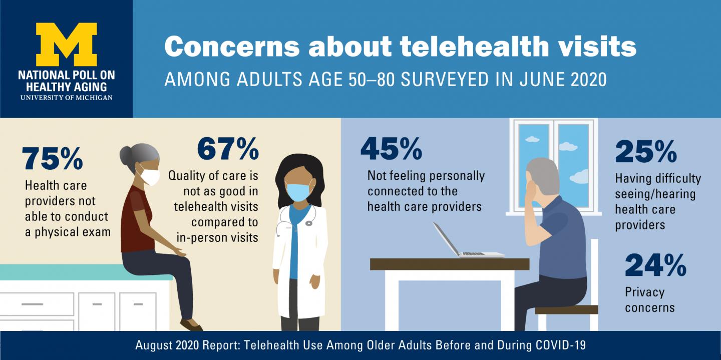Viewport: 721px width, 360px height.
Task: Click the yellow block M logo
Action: pyautogui.click(x=66, y=45)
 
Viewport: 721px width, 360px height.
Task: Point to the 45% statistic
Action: pyautogui.click(x=391, y=148)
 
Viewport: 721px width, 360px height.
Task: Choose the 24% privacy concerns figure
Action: pyautogui.click(x=655, y=265)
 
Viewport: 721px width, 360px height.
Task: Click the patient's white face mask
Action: pyautogui.click(x=148, y=176)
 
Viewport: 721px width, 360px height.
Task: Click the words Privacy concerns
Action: pyautogui.click(x=649, y=299)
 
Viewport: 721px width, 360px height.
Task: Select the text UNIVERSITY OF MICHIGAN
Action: pyautogui.click(x=66, y=97)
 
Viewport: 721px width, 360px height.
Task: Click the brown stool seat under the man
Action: pyautogui.click(x=566, y=309)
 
